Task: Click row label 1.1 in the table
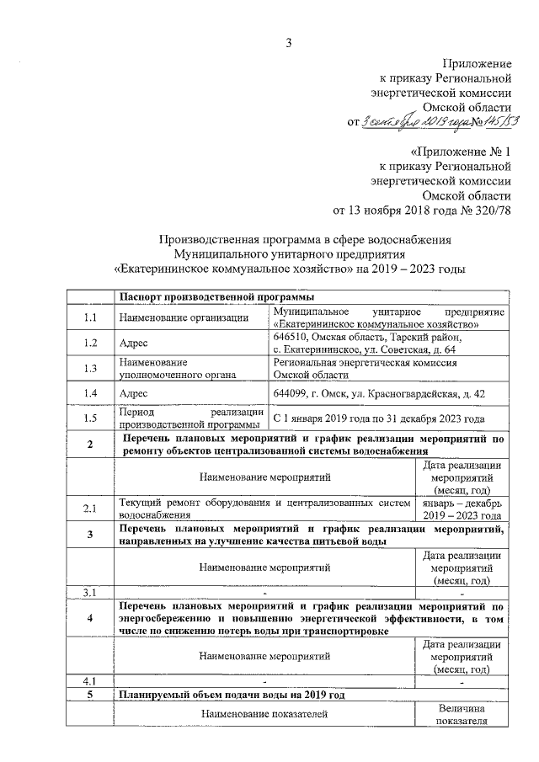[90, 317]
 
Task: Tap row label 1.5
[90, 418]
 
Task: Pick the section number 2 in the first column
[90, 445]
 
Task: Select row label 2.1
[90, 508]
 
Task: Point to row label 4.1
[90, 680]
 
